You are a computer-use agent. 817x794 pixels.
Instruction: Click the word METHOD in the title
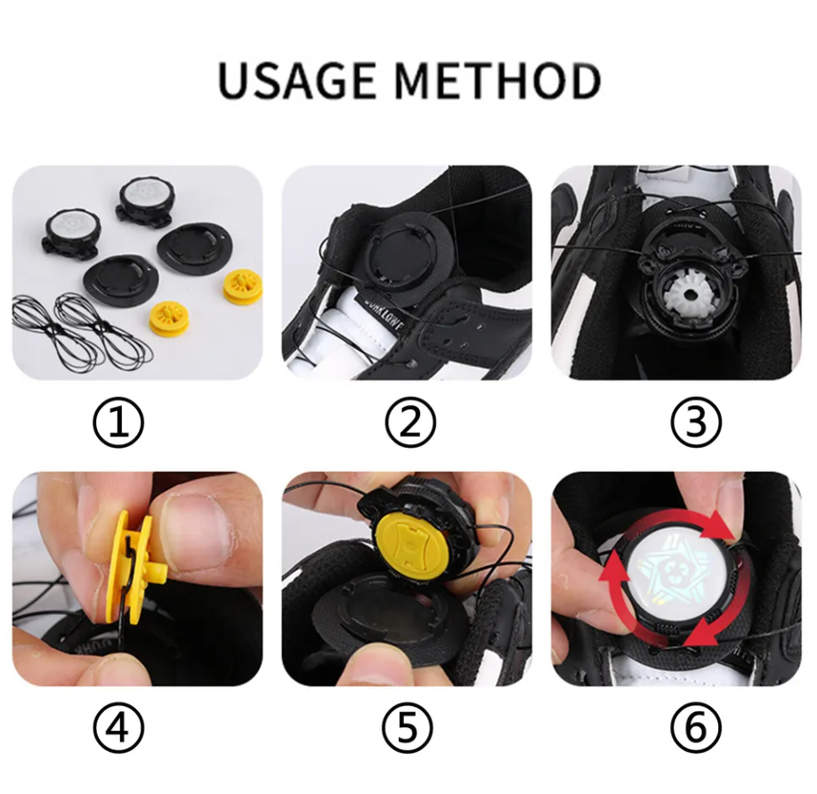tap(497, 80)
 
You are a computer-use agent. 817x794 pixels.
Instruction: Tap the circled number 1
tap(118, 422)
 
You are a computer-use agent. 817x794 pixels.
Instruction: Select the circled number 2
tap(410, 422)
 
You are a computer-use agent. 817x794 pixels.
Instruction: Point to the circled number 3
tap(696, 422)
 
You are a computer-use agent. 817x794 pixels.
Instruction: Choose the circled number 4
tap(118, 727)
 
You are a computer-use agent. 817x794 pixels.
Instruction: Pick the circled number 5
tap(408, 727)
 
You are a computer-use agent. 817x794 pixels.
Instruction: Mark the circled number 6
tap(696, 727)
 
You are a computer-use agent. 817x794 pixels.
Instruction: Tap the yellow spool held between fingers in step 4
tap(133, 568)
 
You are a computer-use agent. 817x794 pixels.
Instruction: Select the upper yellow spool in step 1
tap(243, 287)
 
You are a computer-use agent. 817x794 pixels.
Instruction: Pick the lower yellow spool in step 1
tap(169, 319)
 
